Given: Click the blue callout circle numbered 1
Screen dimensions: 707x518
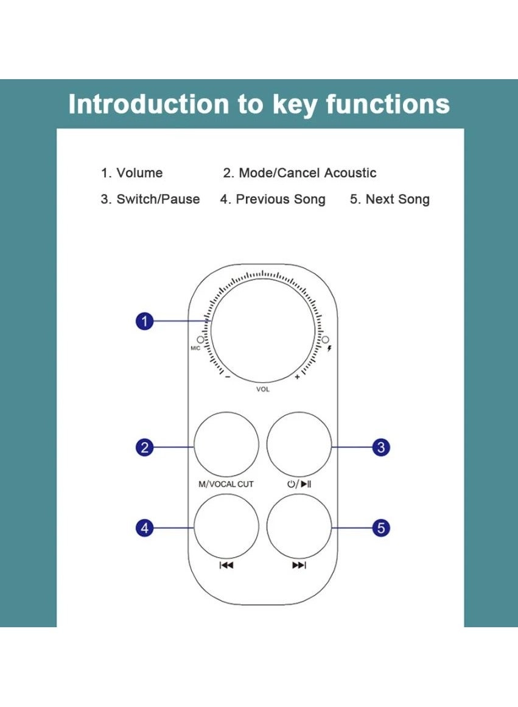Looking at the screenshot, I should (x=144, y=321).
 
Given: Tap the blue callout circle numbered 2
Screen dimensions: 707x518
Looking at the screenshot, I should (x=144, y=448).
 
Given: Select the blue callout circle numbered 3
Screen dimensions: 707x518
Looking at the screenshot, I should (x=381, y=448).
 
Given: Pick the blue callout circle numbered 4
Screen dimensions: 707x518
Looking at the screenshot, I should (x=144, y=527).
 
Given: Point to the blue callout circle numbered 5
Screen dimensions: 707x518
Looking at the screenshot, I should (x=381, y=527).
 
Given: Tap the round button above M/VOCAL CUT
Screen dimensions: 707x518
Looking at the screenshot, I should (x=226, y=445).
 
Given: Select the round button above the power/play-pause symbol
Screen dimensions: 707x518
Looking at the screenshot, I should (x=299, y=445).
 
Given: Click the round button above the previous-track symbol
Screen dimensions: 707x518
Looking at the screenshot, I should (x=226, y=526).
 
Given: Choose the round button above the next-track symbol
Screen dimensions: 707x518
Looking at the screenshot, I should (x=299, y=526).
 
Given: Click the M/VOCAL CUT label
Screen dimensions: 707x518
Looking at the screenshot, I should (x=226, y=484).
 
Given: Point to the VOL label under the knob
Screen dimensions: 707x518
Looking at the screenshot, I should (x=263, y=389).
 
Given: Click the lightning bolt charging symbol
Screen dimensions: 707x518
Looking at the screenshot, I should (x=331, y=348).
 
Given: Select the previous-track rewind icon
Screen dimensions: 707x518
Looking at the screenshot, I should (x=226, y=566).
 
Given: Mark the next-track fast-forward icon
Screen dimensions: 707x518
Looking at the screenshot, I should (x=299, y=566).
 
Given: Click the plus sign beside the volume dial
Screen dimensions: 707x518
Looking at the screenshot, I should (x=298, y=377).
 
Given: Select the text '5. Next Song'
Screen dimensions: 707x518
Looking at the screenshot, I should (x=390, y=200).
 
